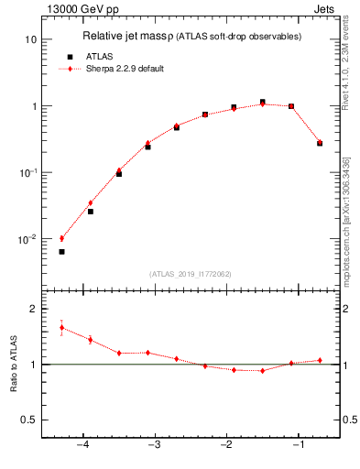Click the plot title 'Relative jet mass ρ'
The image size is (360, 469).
click(136, 37)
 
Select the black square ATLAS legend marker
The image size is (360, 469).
click(70, 56)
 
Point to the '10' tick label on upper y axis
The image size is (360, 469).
click(30, 40)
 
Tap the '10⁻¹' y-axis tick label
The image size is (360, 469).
click(27, 173)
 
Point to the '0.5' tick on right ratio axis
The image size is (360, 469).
click(349, 420)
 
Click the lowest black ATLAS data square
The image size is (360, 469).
click(61, 252)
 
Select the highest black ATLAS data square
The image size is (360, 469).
click(262, 102)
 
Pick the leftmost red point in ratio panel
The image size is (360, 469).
click(61, 327)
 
